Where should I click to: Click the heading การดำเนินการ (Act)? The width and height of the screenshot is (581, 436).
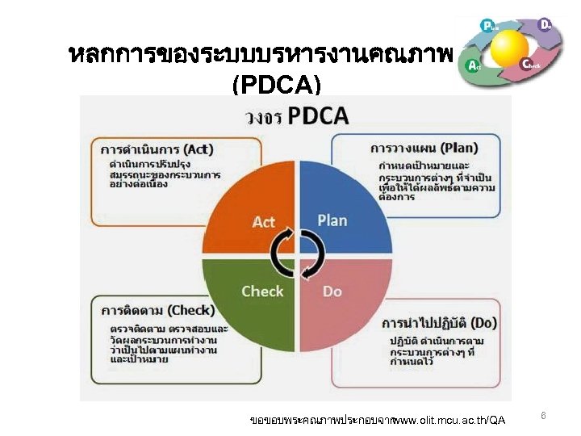click(x=157, y=149)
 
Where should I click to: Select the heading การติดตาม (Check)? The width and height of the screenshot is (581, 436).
click(x=158, y=310)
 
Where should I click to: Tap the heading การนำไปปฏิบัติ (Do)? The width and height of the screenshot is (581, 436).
click(x=440, y=324)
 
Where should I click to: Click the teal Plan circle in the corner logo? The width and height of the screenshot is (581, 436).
click(x=487, y=26)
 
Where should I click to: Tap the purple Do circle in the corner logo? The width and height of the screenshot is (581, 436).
click(x=545, y=24)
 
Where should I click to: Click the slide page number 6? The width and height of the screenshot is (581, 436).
click(x=543, y=416)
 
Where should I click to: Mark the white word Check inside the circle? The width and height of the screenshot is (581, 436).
click(x=262, y=291)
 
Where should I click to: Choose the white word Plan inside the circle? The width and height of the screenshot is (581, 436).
click(x=332, y=220)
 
